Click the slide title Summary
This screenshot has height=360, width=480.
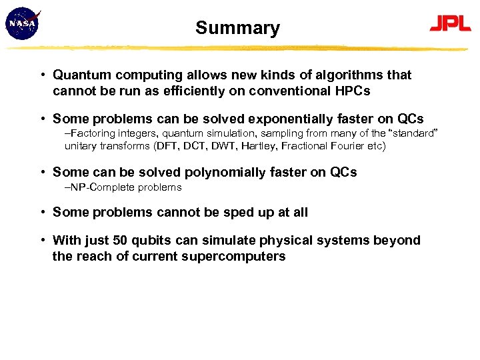click(237, 28)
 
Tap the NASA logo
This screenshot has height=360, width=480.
click(23, 25)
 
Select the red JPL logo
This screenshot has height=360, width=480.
click(449, 23)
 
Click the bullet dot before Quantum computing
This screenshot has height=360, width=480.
click(42, 75)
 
